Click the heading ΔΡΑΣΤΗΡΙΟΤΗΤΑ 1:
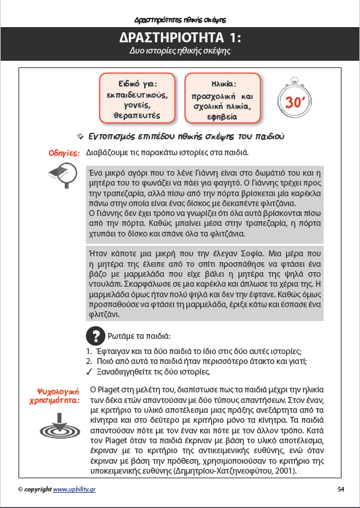click(180, 36)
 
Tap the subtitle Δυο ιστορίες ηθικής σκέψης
click(180, 51)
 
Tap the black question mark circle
click(96, 334)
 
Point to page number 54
click(341, 489)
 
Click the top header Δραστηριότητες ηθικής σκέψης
click(180, 9)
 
